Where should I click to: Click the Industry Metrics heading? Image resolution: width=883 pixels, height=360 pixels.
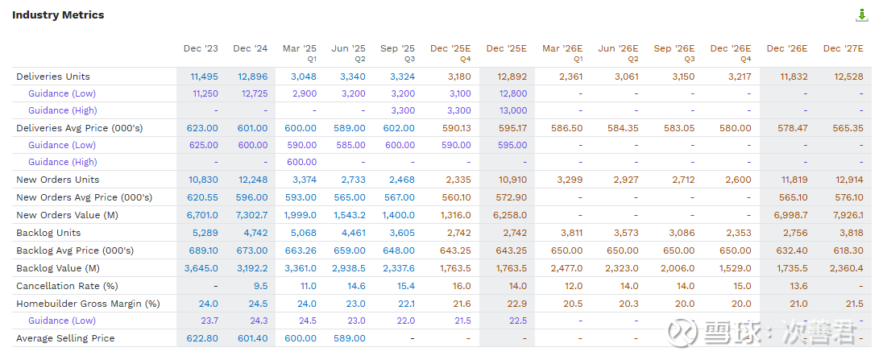point(58,14)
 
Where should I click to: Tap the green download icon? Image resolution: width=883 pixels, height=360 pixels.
point(861,14)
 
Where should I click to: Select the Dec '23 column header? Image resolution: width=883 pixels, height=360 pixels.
point(201,49)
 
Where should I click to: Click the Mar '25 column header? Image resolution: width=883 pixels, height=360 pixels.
point(300,49)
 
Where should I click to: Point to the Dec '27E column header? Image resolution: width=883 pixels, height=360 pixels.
point(844,49)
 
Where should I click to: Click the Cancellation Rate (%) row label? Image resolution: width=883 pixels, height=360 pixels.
point(67,286)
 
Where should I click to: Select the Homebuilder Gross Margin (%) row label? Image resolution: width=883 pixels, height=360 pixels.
point(88,304)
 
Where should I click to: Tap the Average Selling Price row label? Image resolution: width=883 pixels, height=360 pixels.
point(65,338)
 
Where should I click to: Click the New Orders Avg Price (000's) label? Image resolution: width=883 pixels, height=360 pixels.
point(84,197)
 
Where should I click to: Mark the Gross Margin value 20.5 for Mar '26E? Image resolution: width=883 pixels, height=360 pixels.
point(570,304)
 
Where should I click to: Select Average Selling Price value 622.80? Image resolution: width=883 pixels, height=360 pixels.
point(202,338)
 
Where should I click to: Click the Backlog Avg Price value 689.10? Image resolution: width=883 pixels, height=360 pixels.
point(202,250)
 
